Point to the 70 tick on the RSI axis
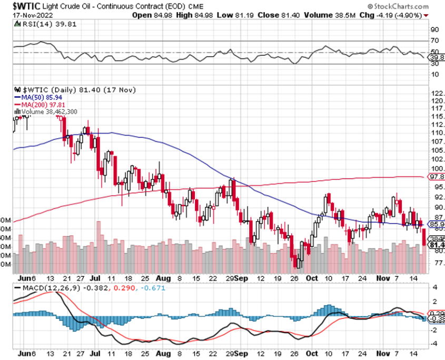coord(434,41)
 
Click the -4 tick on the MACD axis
coord(434,343)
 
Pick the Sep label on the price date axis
coord(241,276)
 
